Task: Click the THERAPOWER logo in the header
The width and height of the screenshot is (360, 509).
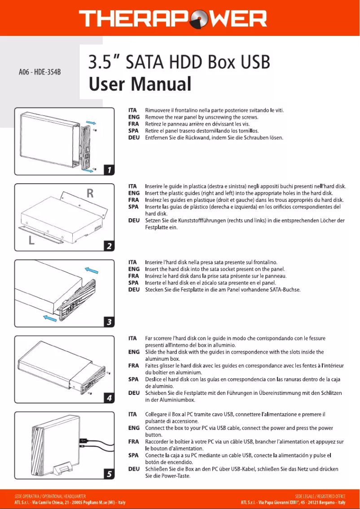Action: click(x=173, y=19)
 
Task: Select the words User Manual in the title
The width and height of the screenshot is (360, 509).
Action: click(x=140, y=84)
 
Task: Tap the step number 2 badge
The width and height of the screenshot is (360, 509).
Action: click(x=109, y=246)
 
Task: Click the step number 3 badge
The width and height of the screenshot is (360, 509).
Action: click(x=109, y=322)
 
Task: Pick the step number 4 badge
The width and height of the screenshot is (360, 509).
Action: click(x=109, y=398)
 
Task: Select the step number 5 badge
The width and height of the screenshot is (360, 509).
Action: click(x=109, y=474)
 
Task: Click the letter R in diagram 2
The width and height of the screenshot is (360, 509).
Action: click(x=90, y=194)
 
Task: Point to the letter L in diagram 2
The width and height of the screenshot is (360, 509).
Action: click(x=31, y=240)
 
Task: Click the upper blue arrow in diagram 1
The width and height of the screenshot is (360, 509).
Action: click(x=91, y=122)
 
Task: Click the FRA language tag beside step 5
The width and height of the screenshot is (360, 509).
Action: click(x=133, y=442)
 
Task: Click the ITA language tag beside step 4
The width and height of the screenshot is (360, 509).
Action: click(x=133, y=338)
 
